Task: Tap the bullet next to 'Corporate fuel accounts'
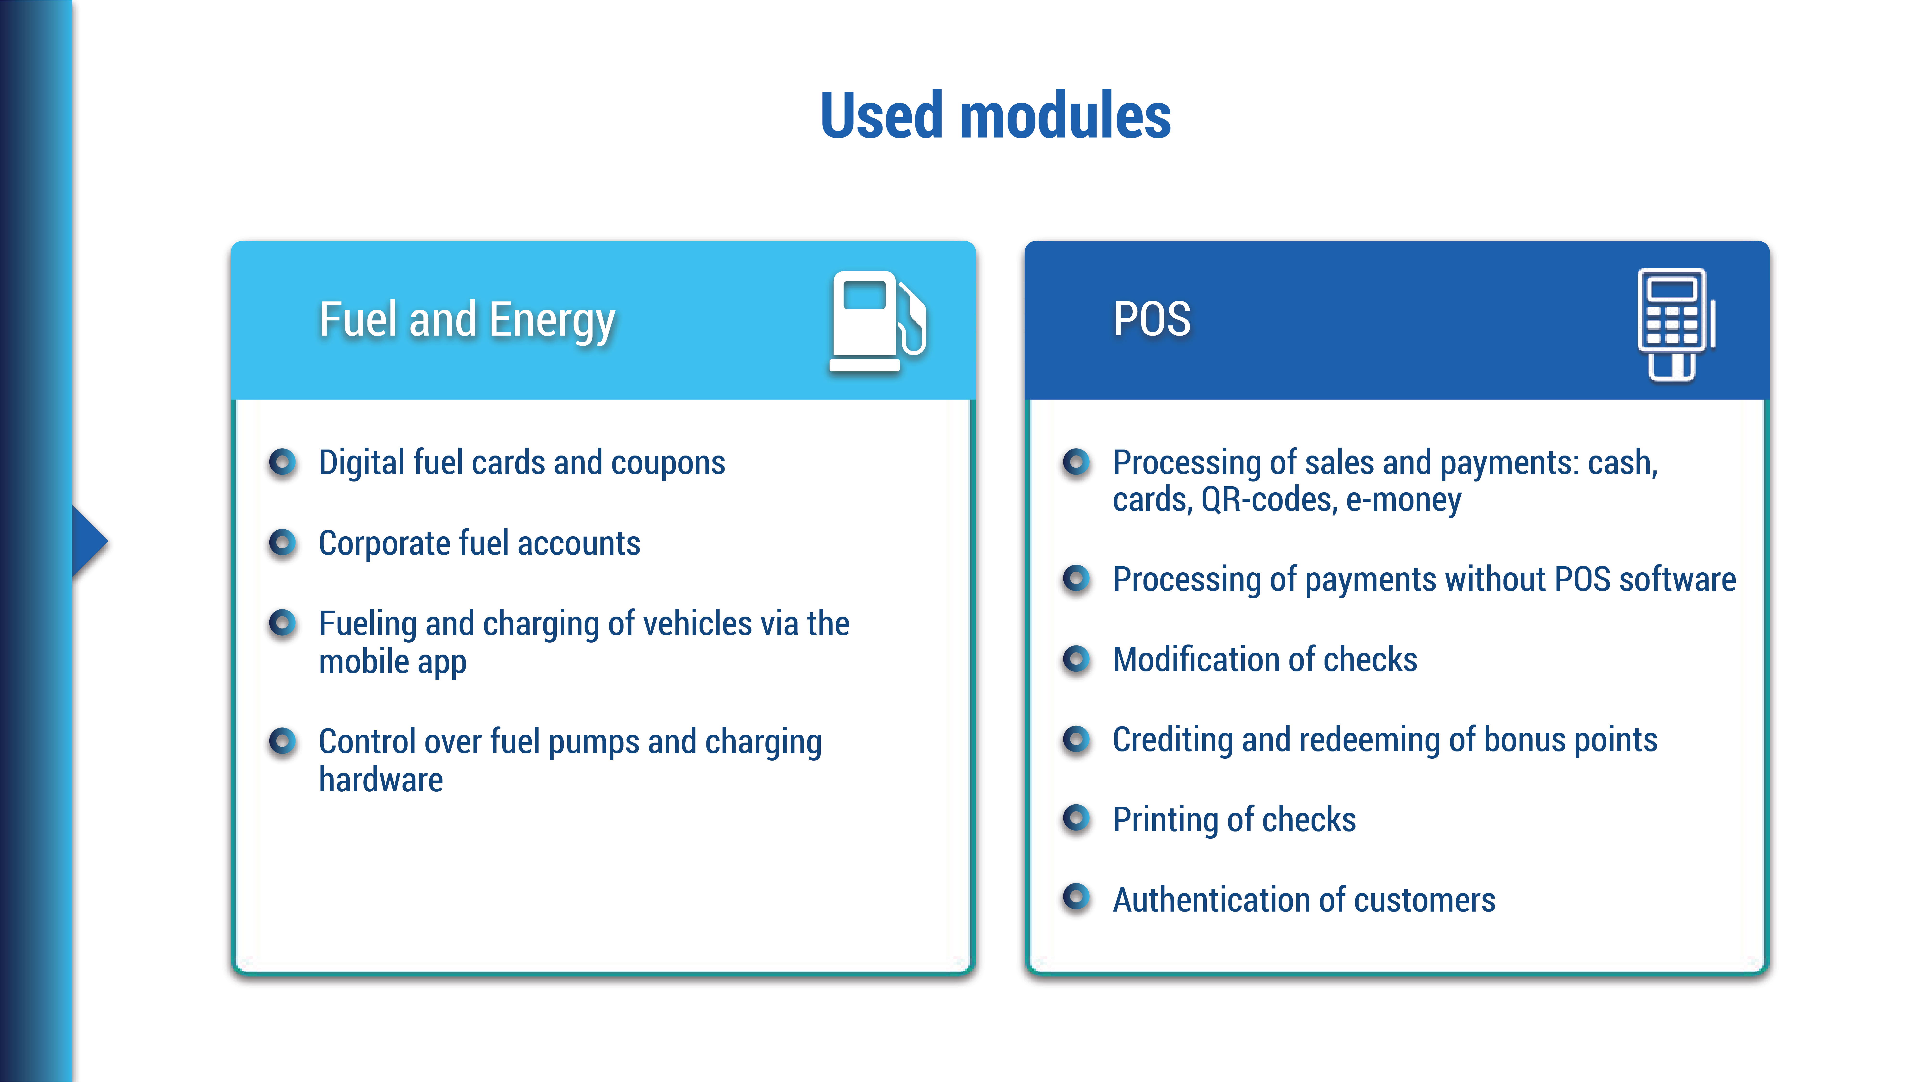[x=282, y=543]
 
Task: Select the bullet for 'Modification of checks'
[x=1076, y=659]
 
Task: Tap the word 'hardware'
[x=381, y=780]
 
